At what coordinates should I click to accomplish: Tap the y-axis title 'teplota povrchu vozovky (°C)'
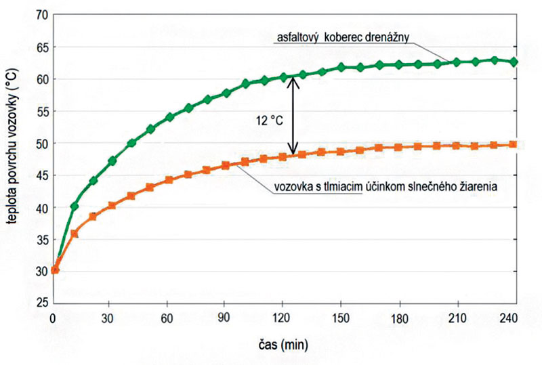(12, 159)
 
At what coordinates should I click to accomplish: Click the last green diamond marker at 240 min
(514, 62)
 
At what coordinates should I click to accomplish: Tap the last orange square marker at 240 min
(514, 144)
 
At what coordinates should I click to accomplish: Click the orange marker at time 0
(56, 270)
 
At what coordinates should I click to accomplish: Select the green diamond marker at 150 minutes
(341, 67)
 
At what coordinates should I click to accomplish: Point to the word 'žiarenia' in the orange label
(478, 186)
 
